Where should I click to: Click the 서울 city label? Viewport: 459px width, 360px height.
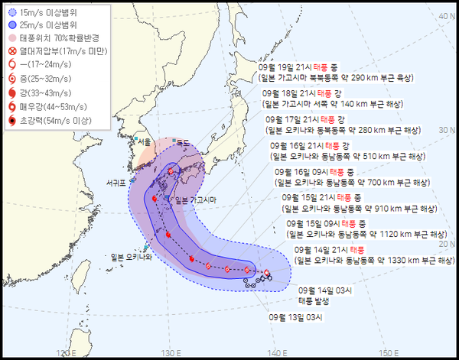(x=143, y=142)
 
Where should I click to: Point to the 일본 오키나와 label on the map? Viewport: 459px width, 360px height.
(x=131, y=257)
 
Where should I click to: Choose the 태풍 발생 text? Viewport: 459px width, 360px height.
(x=315, y=300)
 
